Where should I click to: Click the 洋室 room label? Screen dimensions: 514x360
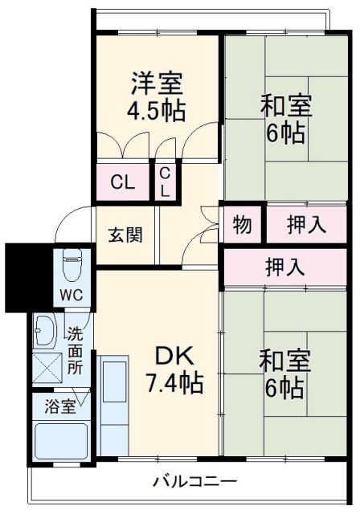(x=157, y=84)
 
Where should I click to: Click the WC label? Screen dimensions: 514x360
(x=69, y=295)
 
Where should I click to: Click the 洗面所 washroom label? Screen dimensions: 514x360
(x=75, y=350)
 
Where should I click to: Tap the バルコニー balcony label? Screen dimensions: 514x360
(x=194, y=482)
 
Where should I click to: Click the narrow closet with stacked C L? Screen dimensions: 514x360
(x=165, y=182)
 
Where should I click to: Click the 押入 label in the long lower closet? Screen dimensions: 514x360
(x=284, y=267)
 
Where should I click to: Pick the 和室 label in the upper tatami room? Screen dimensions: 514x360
(x=284, y=105)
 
